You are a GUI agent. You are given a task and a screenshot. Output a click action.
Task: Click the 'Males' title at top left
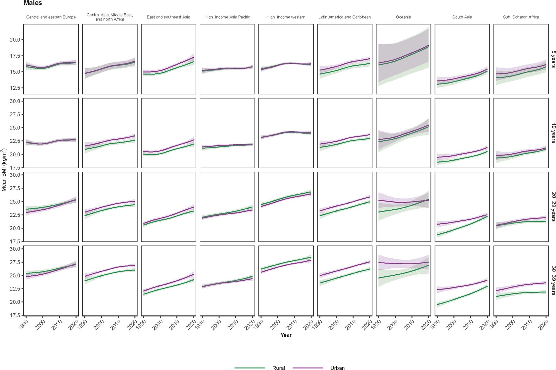click(33, 3)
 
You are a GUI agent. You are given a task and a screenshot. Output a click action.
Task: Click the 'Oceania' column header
click(403, 17)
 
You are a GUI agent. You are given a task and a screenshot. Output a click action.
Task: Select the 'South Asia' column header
click(462, 17)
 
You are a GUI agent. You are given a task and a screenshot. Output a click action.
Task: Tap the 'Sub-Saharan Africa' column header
click(521, 17)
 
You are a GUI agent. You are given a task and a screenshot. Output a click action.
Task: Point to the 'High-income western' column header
click(286, 17)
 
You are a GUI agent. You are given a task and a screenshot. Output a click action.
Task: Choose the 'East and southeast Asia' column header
click(168, 17)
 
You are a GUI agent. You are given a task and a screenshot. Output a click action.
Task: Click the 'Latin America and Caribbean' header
click(344, 17)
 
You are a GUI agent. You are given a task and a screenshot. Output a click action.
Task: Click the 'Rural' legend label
click(278, 368)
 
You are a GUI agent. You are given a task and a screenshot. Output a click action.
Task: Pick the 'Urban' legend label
click(337, 368)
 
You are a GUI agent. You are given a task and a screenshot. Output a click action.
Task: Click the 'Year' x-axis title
click(286, 335)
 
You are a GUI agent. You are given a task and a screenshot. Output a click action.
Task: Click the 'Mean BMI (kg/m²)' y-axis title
click(4, 170)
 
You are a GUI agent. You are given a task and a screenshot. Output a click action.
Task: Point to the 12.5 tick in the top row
click(15, 88)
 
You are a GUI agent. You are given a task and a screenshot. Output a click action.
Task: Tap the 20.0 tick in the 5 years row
click(15, 40)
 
